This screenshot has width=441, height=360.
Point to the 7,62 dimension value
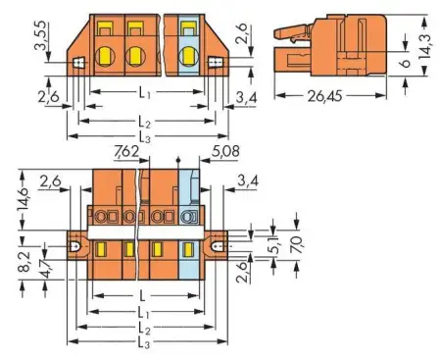125,153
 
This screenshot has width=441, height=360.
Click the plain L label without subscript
145,295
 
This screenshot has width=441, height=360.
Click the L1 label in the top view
147,92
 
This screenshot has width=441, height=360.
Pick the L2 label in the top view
145,121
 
